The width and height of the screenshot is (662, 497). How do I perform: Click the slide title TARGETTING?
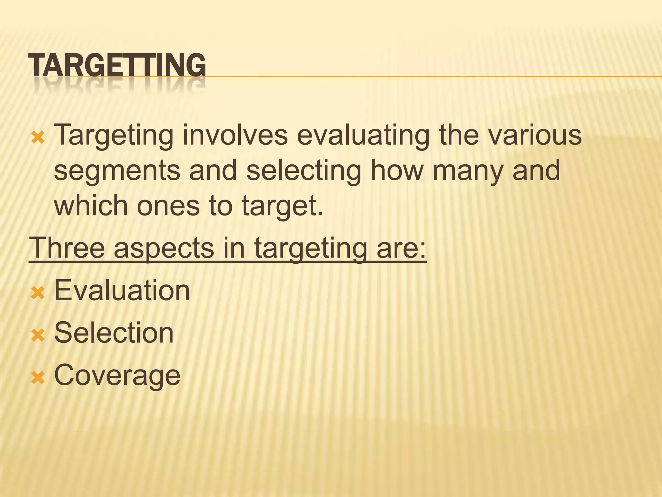(x=117, y=65)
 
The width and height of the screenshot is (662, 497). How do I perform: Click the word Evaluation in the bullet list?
(x=122, y=291)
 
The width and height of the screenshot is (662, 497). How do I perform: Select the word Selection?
(x=114, y=333)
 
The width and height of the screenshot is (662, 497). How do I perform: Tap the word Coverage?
(x=117, y=375)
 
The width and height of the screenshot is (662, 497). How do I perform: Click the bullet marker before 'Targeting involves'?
(x=37, y=138)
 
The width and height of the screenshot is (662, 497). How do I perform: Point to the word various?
(x=535, y=135)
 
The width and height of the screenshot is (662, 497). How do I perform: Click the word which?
(x=91, y=206)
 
